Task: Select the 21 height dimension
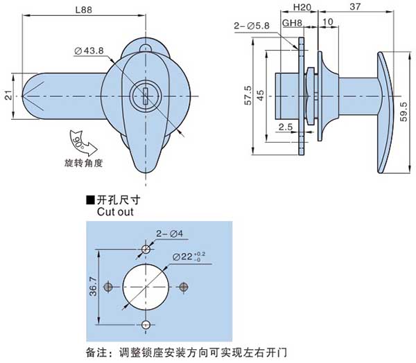[8, 96]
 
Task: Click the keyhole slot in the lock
[146, 95]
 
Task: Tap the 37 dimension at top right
[354, 8]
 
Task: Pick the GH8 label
[291, 22]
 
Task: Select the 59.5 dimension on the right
[402, 111]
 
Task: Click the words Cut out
[114, 212]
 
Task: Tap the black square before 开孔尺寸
[89, 200]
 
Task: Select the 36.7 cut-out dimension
[93, 285]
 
